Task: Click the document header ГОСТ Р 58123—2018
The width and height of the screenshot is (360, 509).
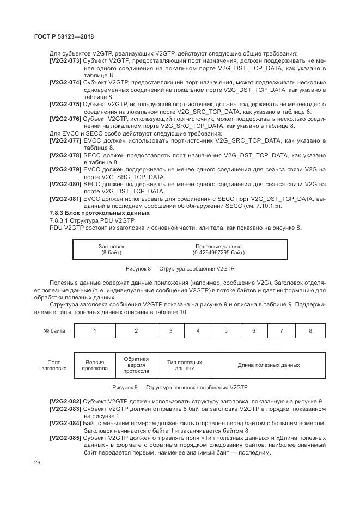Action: click(x=63, y=36)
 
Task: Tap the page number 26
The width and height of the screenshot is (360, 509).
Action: click(x=36, y=463)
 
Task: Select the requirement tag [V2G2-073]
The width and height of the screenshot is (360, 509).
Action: click(x=65, y=61)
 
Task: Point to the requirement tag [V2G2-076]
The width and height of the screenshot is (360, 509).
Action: click(x=65, y=118)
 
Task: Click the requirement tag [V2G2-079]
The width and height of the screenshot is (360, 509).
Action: click(x=65, y=169)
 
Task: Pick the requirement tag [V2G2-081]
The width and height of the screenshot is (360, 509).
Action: click(x=65, y=199)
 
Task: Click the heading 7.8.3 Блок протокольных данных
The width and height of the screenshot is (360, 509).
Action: click(x=92, y=213)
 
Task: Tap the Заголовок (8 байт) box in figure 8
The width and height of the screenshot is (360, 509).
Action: click(x=111, y=249)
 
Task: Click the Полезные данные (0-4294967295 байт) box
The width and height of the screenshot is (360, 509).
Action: click(x=218, y=249)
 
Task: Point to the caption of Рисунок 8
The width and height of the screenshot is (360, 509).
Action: click(x=179, y=269)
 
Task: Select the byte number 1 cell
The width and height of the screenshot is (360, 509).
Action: click(x=95, y=330)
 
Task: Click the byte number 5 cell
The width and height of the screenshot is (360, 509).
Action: click(x=225, y=330)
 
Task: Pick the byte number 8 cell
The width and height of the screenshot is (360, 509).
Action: click(x=310, y=330)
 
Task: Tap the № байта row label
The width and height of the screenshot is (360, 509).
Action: click(x=53, y=330)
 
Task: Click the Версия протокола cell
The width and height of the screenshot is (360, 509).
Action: click(x=95, y=365)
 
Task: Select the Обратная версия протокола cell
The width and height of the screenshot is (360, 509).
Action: click(x=136, y=365)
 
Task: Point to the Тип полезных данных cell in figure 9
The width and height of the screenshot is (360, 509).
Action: click(x=184, y=365)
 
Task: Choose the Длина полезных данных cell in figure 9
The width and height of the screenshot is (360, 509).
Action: click(x=269, y=365)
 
